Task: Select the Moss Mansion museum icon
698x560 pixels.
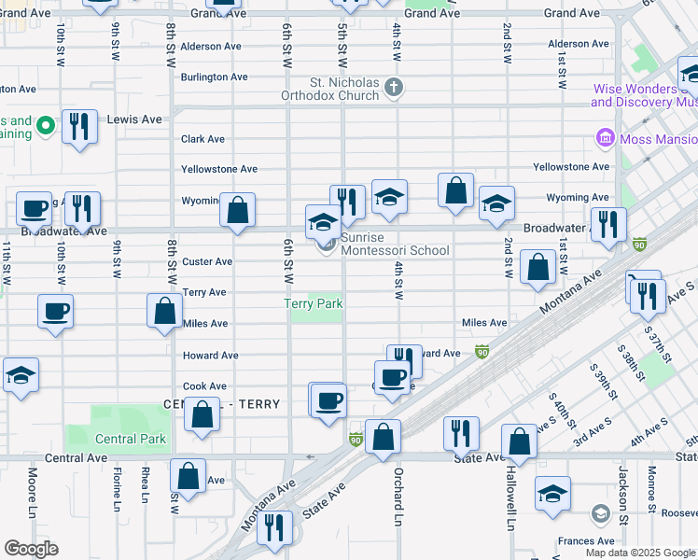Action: [604, 139]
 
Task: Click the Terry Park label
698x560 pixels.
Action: [314, 303]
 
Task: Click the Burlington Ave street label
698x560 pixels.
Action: [214, 77]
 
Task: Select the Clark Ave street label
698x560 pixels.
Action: [202, 139]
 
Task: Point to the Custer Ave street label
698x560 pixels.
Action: [207, 262]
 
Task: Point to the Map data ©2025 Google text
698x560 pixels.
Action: [639, 553]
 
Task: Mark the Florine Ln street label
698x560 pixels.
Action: [118, 491]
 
